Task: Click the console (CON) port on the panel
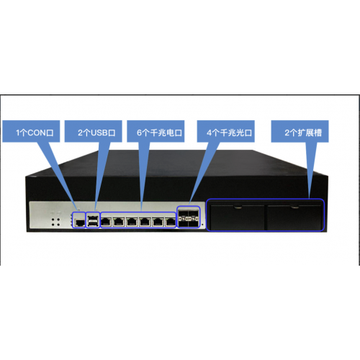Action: click(79, 222)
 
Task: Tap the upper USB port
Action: click(93, 218)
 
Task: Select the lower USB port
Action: click(93, 224)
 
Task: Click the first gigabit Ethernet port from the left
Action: click(106, 222)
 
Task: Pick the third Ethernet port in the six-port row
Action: click(132, 222)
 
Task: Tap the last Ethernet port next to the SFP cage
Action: click(171, 222)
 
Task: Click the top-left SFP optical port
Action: click(184, 212)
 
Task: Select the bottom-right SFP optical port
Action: click(194, 223)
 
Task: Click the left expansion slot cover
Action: click(238, 217)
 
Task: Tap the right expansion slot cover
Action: click(294, 217)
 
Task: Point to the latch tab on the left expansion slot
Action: click(238, 207)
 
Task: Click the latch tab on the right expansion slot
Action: click(294, 207)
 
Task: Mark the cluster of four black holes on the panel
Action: click(55, 222)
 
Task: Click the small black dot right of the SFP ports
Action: click(203, 225)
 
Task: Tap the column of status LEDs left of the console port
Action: click(72, 221)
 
